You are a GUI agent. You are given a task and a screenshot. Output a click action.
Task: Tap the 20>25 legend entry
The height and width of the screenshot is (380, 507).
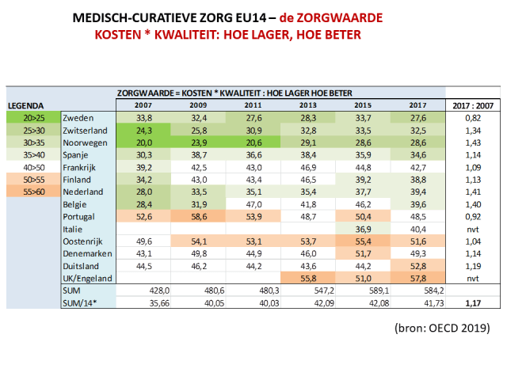pyautogui.click(x=32, y=118)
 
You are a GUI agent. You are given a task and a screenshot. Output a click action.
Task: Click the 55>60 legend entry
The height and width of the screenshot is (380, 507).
pyautogui.click(x=32, y=192)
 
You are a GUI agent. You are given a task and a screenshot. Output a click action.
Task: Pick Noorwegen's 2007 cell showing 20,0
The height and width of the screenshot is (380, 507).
pyautogui.click(x=143, y=142)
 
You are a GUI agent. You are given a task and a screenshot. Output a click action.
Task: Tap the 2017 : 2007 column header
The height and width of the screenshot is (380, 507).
pyautogui.click(x=472, y=104)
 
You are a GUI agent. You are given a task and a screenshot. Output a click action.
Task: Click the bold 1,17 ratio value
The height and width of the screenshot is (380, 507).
pyautogui.click(x=472, y=303)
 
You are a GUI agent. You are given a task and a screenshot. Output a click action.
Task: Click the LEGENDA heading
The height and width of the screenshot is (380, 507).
pyautogui.click(x=25, y=104)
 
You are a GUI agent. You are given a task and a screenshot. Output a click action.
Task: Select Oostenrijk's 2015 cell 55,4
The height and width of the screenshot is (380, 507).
pyautogui.click(x=362, y=241)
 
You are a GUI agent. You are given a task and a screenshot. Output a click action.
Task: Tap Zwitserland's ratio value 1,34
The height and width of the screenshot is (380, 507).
pyautogui.click(x=472, y=130)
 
